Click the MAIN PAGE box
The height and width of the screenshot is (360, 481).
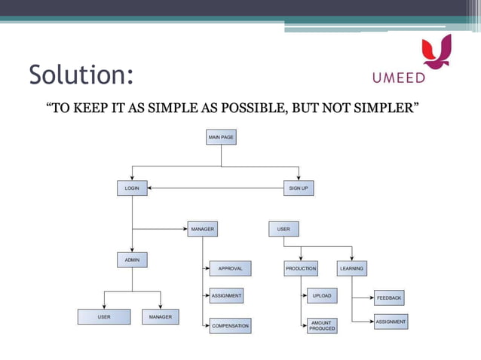(x=221, y=137)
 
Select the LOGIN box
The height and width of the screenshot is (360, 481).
(x=132, y=188)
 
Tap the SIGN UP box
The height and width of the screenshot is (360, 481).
(x=299, y=188)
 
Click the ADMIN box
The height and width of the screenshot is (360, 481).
(x=132, y=260)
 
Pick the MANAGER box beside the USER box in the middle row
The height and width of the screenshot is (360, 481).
(x=202, y=228)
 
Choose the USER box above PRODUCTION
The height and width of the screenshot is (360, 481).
(x=283, y=228)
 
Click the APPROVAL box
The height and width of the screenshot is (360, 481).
(x=230, y=268)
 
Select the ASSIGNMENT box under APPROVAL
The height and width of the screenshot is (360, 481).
(x=226, y=296)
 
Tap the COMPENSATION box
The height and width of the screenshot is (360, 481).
(x=230, y=325)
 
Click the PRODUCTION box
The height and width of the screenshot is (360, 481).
(x=301, y=268)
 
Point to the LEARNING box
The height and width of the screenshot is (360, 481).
(x=351, y=268)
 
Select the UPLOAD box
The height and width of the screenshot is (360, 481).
(x=322, y=296)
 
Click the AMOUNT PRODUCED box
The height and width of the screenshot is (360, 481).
(x=322, y=325)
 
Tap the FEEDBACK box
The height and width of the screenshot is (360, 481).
(x=389, y=298)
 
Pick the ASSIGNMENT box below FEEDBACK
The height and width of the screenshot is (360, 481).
(x=391, y=322)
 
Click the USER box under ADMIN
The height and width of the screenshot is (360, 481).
(x=104, y=317)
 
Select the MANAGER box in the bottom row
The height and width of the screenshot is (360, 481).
(x=160, y=317)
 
